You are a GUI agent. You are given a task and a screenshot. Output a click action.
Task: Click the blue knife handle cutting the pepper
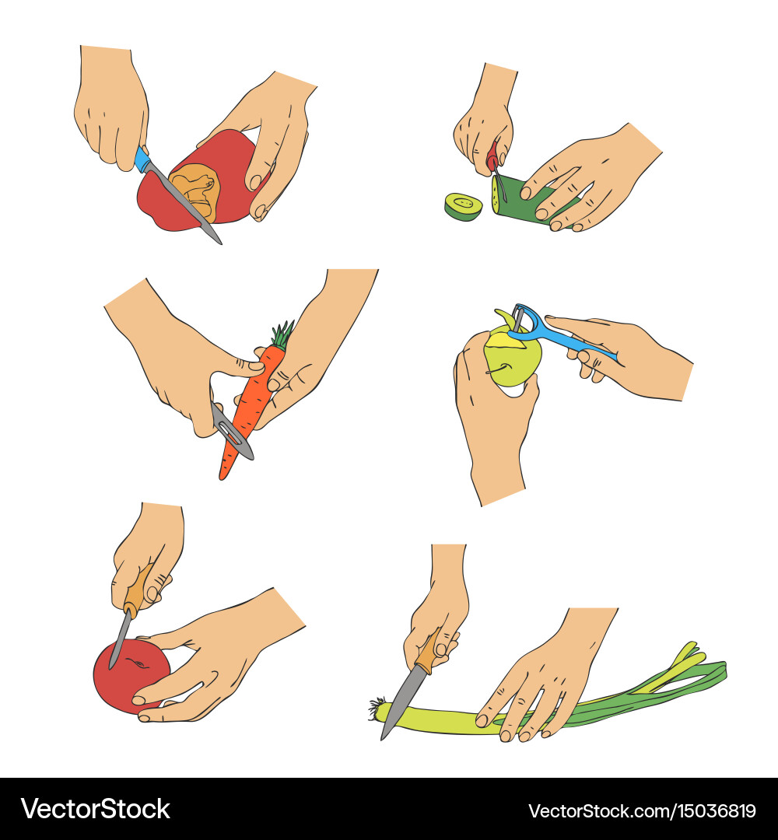[x=142, y=159]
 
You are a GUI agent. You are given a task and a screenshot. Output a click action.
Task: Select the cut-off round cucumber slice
[x=464, y=206]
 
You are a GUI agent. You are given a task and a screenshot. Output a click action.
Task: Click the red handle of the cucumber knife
[x=493, y=159]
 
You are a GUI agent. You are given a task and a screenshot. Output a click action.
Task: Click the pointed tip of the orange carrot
[x=222, y=478]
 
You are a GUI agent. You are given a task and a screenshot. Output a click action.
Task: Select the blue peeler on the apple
[x=557, y=338]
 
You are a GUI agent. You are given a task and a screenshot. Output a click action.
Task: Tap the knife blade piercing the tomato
[x=120, y=638]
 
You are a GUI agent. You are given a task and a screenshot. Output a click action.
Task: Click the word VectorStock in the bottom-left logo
[x=96, y=809]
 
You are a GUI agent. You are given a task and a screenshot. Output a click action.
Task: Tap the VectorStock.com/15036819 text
[x=642, y=810]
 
